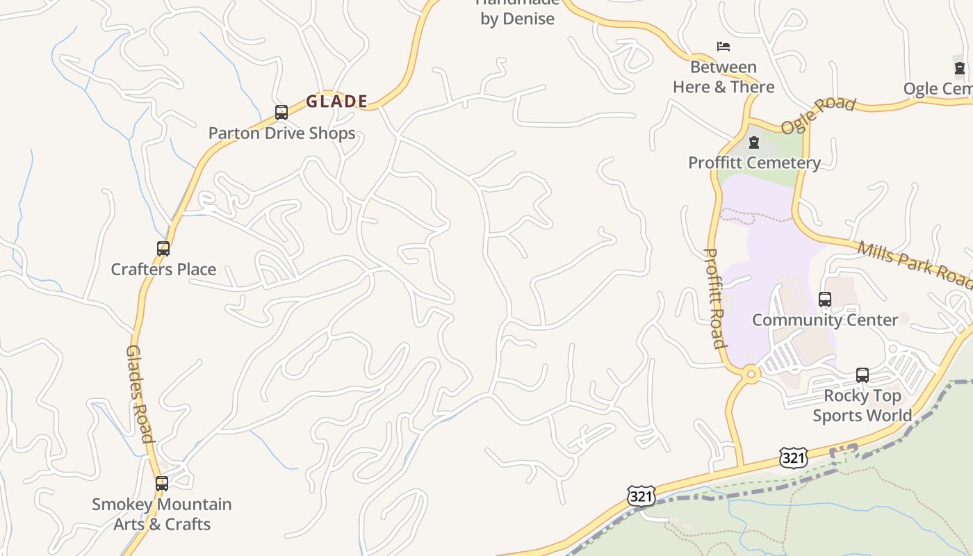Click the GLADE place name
(x=336, y=101)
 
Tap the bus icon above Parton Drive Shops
(x=281, y=113)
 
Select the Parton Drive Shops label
(x=282, y=133)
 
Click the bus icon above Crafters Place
(x=163, y=249)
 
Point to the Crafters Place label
(x=164, y=270)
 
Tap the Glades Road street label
(x=139, y=394)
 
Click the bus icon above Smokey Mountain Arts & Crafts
(x=162, y=484)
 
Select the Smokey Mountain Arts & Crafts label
(x=162, y=514)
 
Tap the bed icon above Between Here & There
(x=723, y=47)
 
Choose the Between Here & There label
(x=723, y=77)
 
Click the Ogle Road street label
(x=818, y=115)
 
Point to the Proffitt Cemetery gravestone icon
(x=754, y=143)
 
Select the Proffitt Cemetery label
(x=754, y=163)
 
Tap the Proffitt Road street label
(x=715, y=297)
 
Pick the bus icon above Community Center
(x=825, y=300)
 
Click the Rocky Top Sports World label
(x=862, y=406)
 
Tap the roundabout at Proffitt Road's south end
(x=751, y=374)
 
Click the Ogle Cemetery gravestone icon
(x=960, y=68)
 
